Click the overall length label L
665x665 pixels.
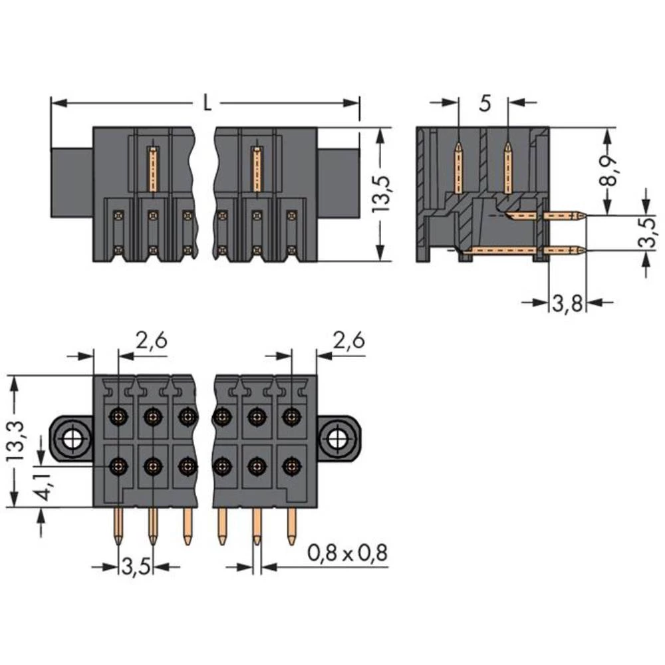coord(207,104)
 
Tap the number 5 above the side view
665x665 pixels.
coord(484,103)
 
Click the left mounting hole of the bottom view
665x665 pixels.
coord(71,439)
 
